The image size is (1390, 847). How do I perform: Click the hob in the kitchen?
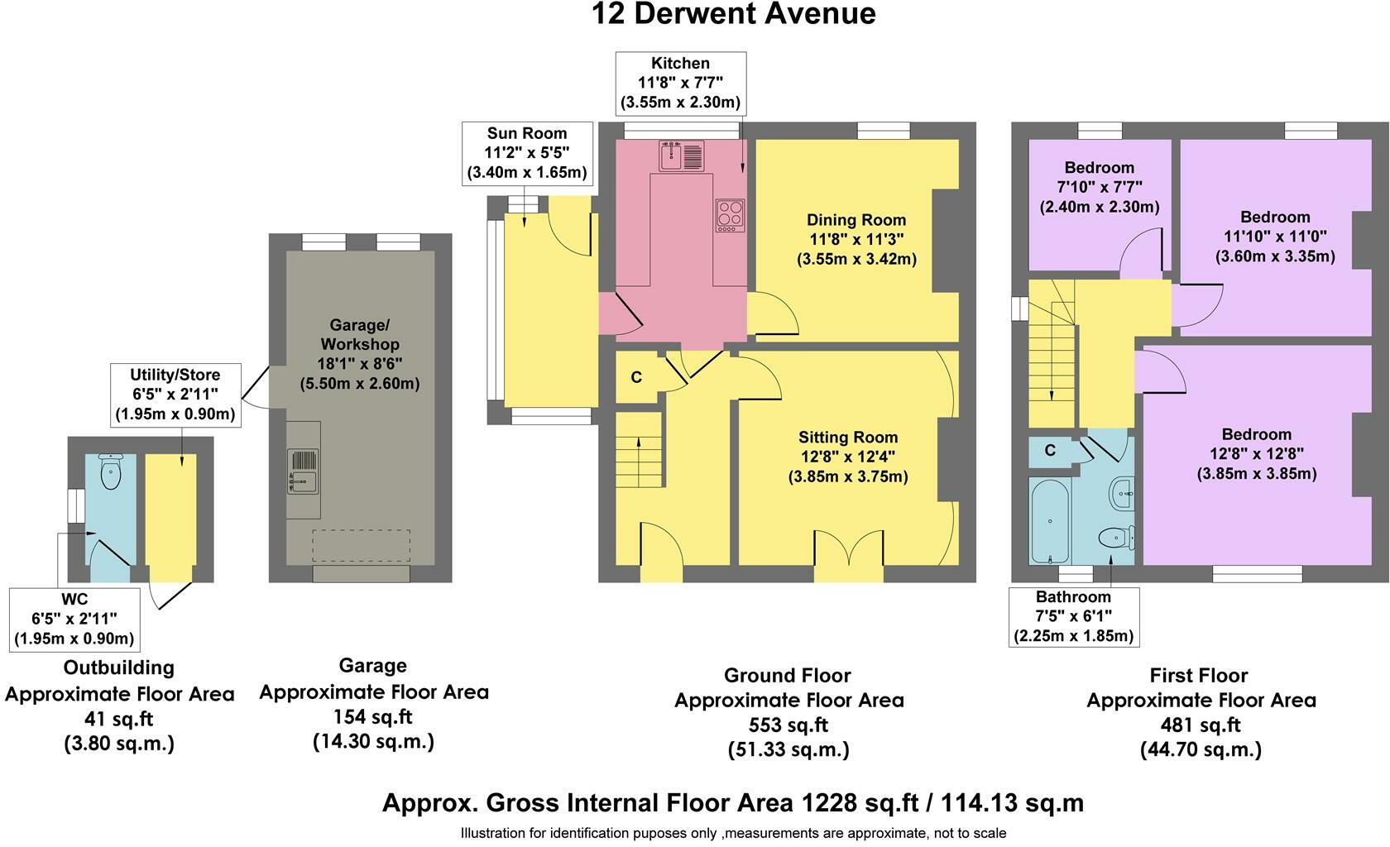pos(730,215)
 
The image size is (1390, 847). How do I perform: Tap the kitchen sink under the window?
pos(682,156)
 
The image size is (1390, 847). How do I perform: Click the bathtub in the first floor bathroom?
pos(1050,520)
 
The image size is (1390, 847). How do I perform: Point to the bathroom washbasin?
pos(1123,494)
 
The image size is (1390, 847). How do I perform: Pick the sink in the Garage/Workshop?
pos(304,471)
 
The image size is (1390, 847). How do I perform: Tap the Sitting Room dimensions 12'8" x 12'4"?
pos(847,457)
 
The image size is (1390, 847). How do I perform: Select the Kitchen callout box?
pos(681,84)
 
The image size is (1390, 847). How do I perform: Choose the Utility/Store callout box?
pos(175,395)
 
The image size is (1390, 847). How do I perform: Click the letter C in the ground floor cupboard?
pos(636,377)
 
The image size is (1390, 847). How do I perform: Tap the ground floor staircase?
pos(639,450)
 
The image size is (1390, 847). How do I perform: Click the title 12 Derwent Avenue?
pos(733,14)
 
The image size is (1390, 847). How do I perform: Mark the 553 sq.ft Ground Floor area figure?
pos(788,725)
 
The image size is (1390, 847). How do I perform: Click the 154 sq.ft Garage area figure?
pos(373,716)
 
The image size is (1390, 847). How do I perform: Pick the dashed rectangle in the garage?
pos(361,545)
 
